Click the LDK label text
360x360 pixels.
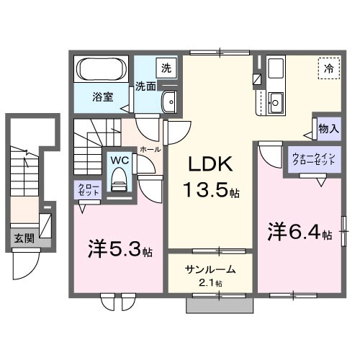pos(210,165)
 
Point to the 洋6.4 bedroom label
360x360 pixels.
pos(298,234)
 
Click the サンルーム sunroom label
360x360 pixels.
pos(210,270)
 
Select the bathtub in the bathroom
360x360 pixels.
pos(102,71)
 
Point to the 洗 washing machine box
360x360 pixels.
pos(166,68)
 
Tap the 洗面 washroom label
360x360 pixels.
pos(146,86)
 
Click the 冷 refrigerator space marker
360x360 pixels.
pos(328,70)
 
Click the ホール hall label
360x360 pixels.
pos(149,149)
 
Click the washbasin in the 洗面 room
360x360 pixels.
pos(169,102)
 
